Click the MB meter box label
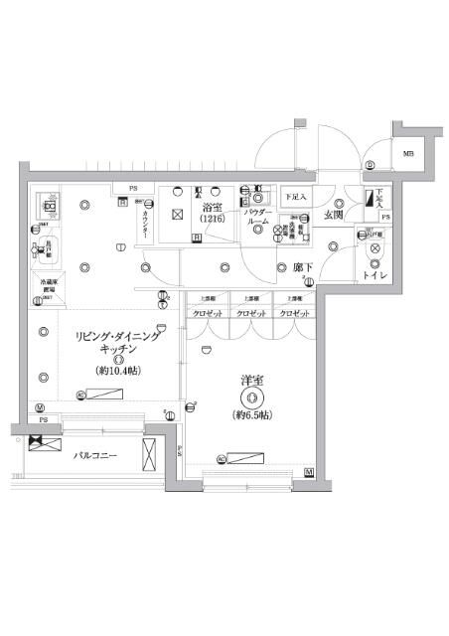[x=408, y=153]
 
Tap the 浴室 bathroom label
[x=211, y=207]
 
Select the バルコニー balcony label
[x=96, y=459]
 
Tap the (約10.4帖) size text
[x=117, y=371]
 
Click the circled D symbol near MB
[x=370, y=165]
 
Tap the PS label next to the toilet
[x=386, y=218]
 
